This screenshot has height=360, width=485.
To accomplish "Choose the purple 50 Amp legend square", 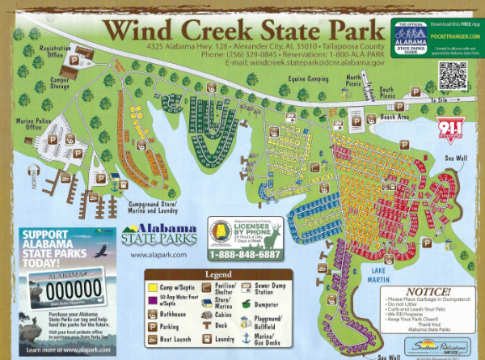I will [150, 301].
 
